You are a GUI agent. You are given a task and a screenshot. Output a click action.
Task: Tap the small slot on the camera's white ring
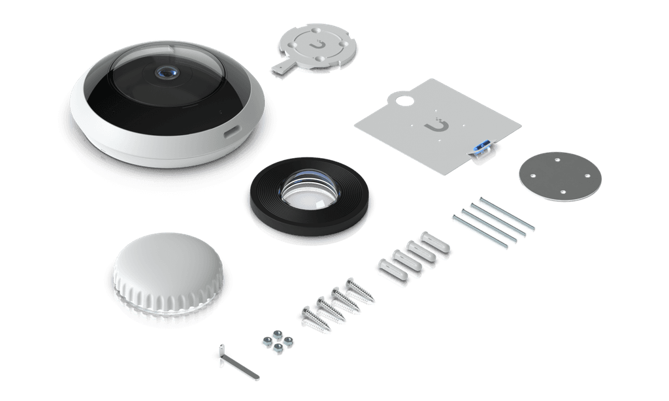click(232, 131)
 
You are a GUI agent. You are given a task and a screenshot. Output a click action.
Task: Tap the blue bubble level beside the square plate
click(482, 146)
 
